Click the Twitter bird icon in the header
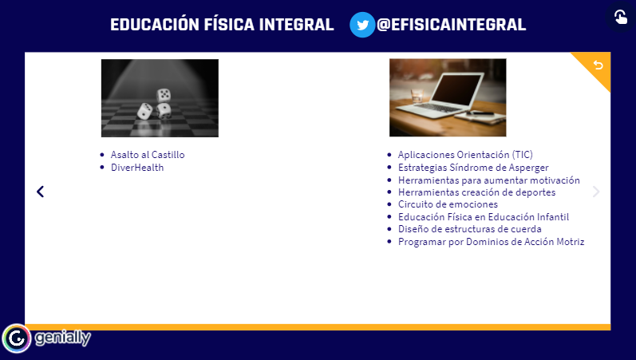click(x=362, y=25)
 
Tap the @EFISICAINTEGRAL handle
click(x=451, y=25)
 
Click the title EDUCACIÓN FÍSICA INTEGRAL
click(x=222, y=25)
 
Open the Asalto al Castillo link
click(x=148, y=155)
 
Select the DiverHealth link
click(x=137, y=168)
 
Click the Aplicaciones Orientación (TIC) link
click(x=465, y=155)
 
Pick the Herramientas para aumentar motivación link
click(x=488, y=180)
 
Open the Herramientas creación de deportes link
click(x=476, y=192)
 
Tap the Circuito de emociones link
click(x=448, y=204)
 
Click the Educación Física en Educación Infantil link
click(x=484, y=217)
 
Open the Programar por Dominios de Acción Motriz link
click(x=492, y=242)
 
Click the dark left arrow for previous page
click(x=41, y=192)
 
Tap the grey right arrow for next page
click(x=596, y=192)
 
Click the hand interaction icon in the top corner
click(x=621, y=17)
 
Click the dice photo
click(x=160, y=98)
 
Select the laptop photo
click(x=448, y=97)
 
